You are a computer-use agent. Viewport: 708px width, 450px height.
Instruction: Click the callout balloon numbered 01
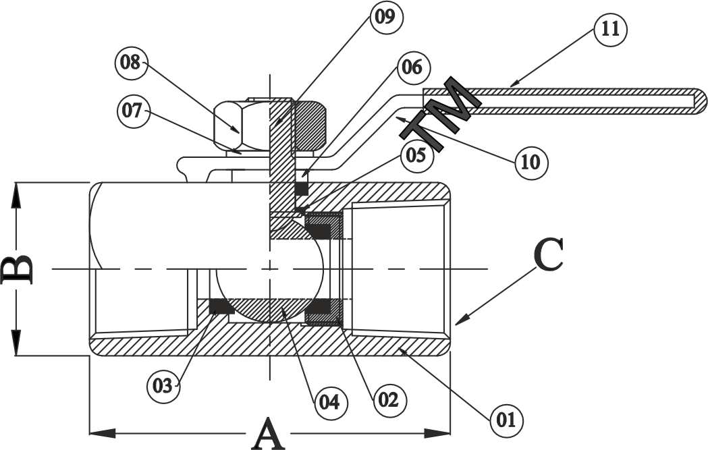(x=506, y=420)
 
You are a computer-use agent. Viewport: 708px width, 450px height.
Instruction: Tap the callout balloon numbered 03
(x=163, y=386)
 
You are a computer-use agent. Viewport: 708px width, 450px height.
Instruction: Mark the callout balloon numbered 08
(x=130, y=63)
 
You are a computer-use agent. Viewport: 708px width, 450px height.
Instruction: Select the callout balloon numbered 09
(x=385, y=17)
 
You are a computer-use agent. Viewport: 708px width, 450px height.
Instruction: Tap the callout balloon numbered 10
(x=531, y=162)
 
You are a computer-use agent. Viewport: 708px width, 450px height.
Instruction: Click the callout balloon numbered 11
(x=610, y=29)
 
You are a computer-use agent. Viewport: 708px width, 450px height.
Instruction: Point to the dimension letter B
(x=17, y=269)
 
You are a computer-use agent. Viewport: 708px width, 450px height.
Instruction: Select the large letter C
(x=548, y=254)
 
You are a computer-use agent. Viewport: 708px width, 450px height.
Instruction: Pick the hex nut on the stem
(x=270, y=125)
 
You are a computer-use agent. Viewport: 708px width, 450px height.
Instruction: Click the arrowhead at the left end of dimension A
(x=102, y=433)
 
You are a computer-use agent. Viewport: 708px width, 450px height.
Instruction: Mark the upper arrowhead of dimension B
(x=17, y=195)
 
